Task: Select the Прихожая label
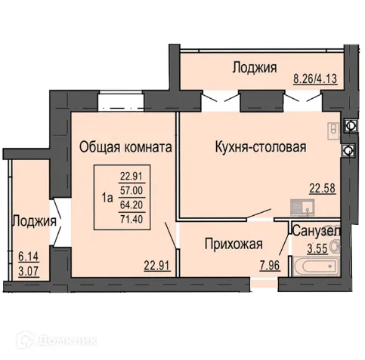click(234, 244)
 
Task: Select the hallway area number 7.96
click(268, 264)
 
